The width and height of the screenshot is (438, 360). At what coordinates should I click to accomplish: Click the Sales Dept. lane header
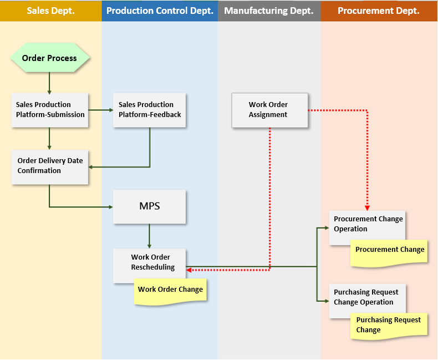click(50, 11)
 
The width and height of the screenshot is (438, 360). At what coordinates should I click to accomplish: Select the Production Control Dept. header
click(160, 11)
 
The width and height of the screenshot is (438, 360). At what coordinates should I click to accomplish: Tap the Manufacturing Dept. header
click(269, 11)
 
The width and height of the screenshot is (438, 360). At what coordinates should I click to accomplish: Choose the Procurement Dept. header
click(379, 11)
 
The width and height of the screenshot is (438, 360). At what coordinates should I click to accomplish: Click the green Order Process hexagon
click(49, 58)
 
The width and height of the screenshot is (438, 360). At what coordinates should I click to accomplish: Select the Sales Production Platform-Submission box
click(50, 110)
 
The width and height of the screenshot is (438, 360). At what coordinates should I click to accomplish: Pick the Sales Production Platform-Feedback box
click(149, 110)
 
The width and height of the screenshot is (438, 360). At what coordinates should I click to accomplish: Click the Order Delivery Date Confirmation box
click(50, 166)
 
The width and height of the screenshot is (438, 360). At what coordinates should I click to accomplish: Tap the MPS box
click(149, 207)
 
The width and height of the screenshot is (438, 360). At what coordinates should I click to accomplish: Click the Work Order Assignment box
click(269, 110)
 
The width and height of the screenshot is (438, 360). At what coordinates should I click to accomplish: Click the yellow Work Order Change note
click(170, 291)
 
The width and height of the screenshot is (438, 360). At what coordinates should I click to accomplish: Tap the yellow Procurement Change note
click(390, 251)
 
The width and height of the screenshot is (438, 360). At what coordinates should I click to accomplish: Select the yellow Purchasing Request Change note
click(389, 325)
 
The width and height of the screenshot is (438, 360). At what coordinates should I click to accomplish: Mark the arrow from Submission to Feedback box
click(100, 110)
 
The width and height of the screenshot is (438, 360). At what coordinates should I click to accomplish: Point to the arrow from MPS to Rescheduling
click(149, 236)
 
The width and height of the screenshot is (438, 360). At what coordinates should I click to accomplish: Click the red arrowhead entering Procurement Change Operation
click(368, 206)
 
